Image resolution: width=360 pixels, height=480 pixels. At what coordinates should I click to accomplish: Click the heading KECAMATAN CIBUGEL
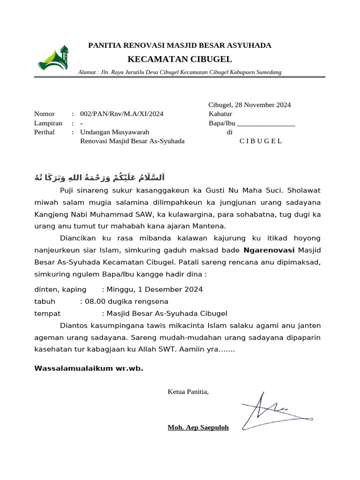point(180,59)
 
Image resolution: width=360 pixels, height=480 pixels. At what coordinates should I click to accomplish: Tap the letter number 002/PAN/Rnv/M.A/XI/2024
point(122,114)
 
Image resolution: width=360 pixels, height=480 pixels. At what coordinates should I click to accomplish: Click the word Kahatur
point(220,114)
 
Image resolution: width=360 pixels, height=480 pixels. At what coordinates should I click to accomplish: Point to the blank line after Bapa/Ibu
point(266,124)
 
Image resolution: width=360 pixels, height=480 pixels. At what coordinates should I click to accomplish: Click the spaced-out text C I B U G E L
point(261,141)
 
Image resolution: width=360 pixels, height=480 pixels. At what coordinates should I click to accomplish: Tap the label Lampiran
point(48,123)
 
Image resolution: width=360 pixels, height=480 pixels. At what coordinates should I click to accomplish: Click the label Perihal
point(45,132)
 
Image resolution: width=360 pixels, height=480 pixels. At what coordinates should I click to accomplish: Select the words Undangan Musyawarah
point(115,132)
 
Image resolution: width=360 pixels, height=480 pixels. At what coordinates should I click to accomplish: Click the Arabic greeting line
point(100,178)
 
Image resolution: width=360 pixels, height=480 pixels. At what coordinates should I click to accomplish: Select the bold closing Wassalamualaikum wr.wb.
point(89,368)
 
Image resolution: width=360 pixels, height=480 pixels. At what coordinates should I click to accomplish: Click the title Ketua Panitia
point(188,391)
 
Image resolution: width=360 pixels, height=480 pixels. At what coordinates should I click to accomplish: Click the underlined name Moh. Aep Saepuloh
point(198,427)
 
